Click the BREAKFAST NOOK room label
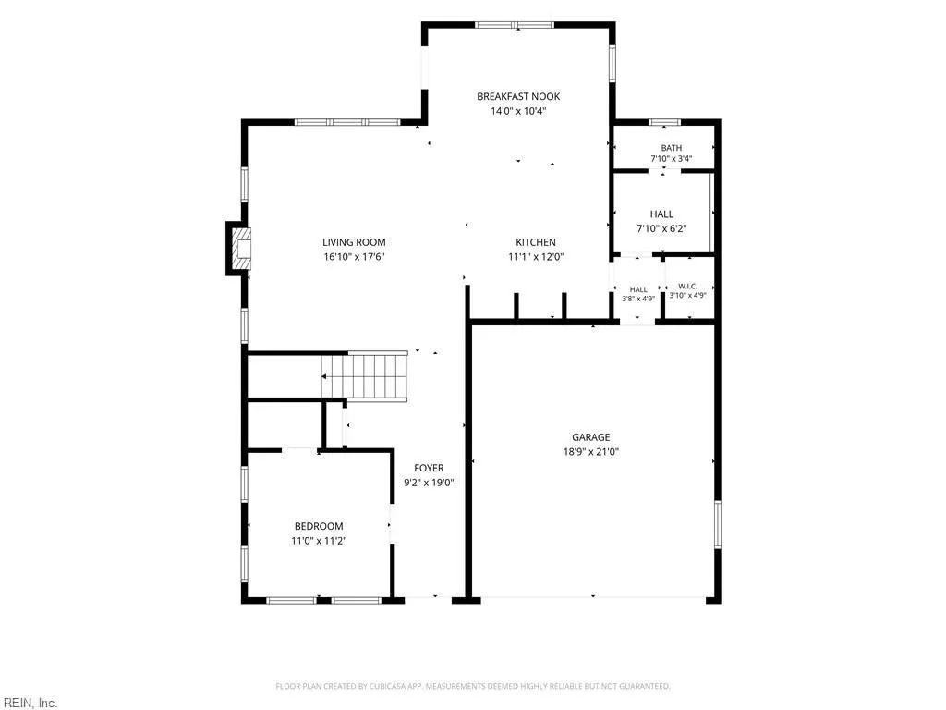click(518, 96)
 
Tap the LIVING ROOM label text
click(354, 242)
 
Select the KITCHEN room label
click(536, 242)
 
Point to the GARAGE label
click(591, 437)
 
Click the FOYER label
click(429, 468)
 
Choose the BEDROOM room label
click(319, 526)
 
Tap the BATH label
click(672, 148)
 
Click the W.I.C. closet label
click(687, 287)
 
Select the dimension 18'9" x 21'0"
click(591, 451)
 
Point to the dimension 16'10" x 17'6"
click(354, 257)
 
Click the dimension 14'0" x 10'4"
click(518, 111)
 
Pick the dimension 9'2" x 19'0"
click(429, 483)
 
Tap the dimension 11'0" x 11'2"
click(319, 541)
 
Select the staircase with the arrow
click(364, 376)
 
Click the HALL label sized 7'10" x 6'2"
click(661, 214)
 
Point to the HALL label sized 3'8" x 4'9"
click(638, 289)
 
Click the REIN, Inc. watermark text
click(29, 703)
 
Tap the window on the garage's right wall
click(717, 523)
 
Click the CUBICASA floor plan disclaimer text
click(473, 687)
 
